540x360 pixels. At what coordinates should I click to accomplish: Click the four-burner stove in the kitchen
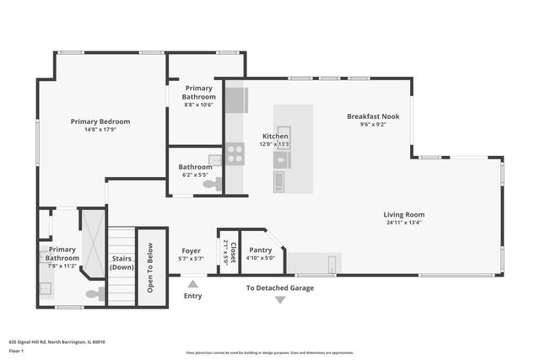pos(235,153)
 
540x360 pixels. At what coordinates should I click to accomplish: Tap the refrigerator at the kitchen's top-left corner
pos(235,99)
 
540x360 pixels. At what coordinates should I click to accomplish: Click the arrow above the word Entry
pos(193,284)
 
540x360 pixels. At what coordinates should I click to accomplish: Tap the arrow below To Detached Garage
pos(280,299)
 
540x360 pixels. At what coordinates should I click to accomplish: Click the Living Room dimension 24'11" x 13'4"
pos(403,223)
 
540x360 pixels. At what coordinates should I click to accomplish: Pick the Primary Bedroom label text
pos(100,121)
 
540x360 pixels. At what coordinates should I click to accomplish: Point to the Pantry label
pos(260,250)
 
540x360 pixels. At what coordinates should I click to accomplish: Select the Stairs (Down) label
pos(121,262)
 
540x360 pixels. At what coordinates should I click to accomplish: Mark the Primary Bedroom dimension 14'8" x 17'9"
pos(100,130)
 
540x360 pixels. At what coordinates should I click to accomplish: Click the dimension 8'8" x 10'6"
pos(198,105)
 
